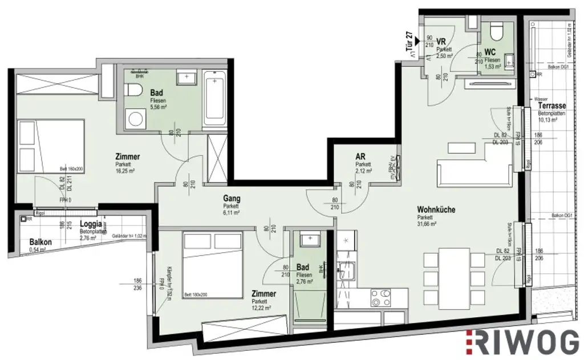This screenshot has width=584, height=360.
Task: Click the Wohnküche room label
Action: pyautogui.click(x=436, y=209)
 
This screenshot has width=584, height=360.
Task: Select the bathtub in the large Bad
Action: pyautogui.click(x=214, y=98)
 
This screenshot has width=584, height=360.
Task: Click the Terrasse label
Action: pyautogui.click(x=551, y=106)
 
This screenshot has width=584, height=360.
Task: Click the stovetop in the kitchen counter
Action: pyautogui.click(x=381, y=297)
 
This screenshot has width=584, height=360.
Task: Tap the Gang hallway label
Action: pyautogui.click(x=232, y=199)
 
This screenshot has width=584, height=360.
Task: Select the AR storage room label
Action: pyautogui.click(x=360, y=156)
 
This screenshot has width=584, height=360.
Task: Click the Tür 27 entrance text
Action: pyautogui.click(x=408, y=43)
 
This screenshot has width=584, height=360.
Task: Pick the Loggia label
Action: pyautogui.click(x=91, y=224)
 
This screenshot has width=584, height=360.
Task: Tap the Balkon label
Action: pyautogui.click(x=40, y=242)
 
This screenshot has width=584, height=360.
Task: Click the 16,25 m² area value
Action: pyautogui.click(x=125, y=170)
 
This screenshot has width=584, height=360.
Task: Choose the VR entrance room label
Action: pyautogui.click(x=440, y=41)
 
